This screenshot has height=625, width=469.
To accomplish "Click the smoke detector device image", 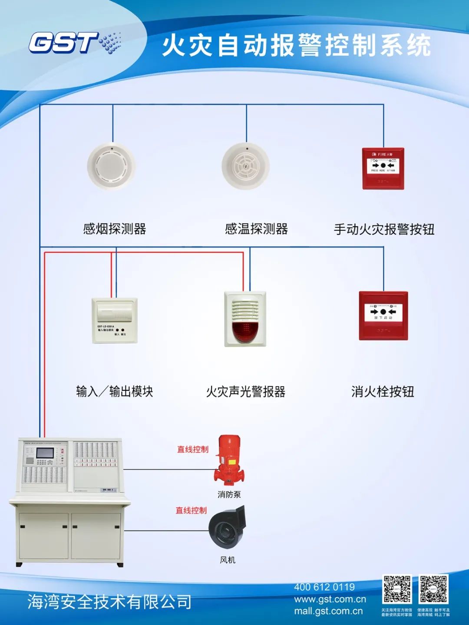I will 112,166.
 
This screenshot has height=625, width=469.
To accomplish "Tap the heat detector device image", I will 246,166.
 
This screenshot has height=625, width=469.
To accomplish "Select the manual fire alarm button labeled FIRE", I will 383,168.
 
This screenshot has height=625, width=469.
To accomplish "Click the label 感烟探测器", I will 115,229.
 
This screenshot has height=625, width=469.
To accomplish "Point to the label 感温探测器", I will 256,229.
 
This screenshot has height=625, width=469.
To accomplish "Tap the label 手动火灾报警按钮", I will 384,229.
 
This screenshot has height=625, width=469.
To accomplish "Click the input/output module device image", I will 115,320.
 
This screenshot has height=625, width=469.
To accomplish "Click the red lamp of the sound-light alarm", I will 245,331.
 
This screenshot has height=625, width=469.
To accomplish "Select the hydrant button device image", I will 383,315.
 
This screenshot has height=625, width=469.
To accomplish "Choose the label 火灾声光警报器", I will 245,392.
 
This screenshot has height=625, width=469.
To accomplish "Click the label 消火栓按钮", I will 383,392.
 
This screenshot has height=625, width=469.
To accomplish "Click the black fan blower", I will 228,527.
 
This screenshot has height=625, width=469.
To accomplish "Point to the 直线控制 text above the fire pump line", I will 192,450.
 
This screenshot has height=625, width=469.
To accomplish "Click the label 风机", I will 228,560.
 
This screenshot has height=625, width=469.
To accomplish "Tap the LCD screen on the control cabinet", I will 45,453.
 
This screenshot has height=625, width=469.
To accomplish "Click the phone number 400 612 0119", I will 324,587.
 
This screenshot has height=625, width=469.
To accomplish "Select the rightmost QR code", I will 433,589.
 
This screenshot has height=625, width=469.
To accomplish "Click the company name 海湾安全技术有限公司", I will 109,602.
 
